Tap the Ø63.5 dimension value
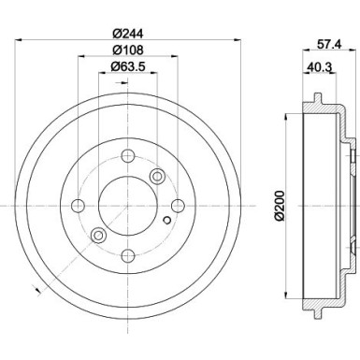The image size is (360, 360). [x=127, y=66]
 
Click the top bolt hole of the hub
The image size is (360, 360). [x=127, y=155]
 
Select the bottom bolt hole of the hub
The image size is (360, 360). [x=127, y=255]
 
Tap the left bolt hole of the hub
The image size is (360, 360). [x=78, y=206]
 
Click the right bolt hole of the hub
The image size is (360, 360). [x=178, y=206]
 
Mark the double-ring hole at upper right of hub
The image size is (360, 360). [x=156, y=176]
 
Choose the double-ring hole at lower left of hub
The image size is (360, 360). [x=98, y=235]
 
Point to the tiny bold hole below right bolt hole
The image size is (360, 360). [x=166, y=221]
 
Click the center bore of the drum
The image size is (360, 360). [x=127, y=206]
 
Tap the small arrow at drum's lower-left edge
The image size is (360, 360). [x=36, y=285]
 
